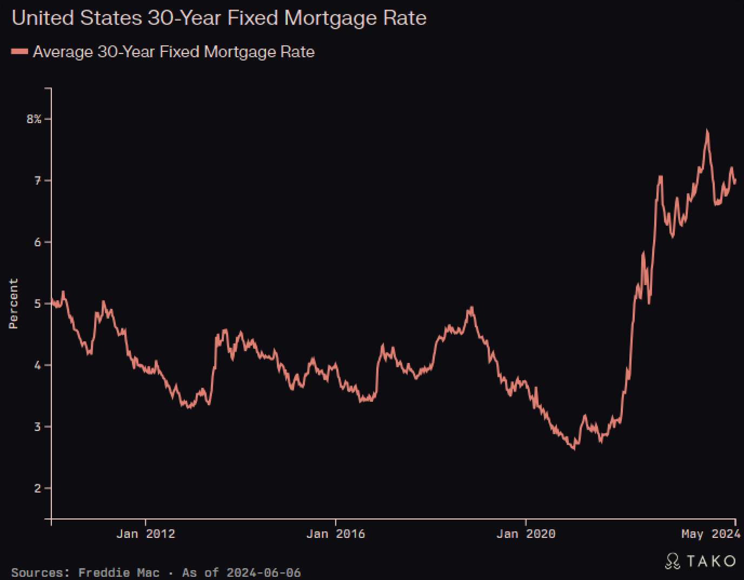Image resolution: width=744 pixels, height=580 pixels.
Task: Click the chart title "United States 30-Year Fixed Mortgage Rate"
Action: pyautogui.click(x=219, y=18)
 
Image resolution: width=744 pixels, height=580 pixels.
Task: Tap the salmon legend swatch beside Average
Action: pyautogui.click(x=19, y=51)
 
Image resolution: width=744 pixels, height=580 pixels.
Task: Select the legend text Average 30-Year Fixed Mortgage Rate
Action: pyautogui.click(x=174, y=52)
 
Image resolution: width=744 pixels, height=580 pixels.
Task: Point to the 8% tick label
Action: pyautogui.click(x=34, y=119)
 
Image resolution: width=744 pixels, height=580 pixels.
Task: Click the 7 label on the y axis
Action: pyautogui.click(x=38, y=180)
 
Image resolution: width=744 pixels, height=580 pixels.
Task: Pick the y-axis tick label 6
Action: pyautogui.click(x=38, y=242)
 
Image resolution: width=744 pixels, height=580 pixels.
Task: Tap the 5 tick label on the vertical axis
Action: pyautogui.click(x=38, y=304)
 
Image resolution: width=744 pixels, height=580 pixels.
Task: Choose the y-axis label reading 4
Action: pyautogui.click(x=38, y=365)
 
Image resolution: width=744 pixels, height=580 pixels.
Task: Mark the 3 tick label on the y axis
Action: pyautogui.click(x=38, y=427)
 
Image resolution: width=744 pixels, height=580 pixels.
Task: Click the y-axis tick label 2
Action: pyautogui.click(x=38, y=488)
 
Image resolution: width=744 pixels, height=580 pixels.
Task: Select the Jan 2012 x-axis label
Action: pyautogui.click(x=145, y=534)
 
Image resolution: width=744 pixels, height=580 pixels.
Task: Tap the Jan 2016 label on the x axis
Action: pyautogui.click(x=335, y=534)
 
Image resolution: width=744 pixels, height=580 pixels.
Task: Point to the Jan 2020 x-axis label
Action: pyautogui.click(x=526, y=534)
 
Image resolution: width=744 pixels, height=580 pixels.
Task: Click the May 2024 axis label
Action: pyautogui.click(x=710, y=534)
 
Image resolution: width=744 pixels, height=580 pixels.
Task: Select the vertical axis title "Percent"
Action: pyautogui.click(x=14, y=304)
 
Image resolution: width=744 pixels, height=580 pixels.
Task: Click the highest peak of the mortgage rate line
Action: pyautogui.click(x=707, y=131)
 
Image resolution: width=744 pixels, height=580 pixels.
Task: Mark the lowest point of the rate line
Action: pyautogui.click(x=574, y=449)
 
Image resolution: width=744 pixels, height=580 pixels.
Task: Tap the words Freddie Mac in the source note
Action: pyautogui.click(x=119, y=572)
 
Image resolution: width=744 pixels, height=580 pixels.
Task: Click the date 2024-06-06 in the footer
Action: pyautogui.click(x=263, y=572)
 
